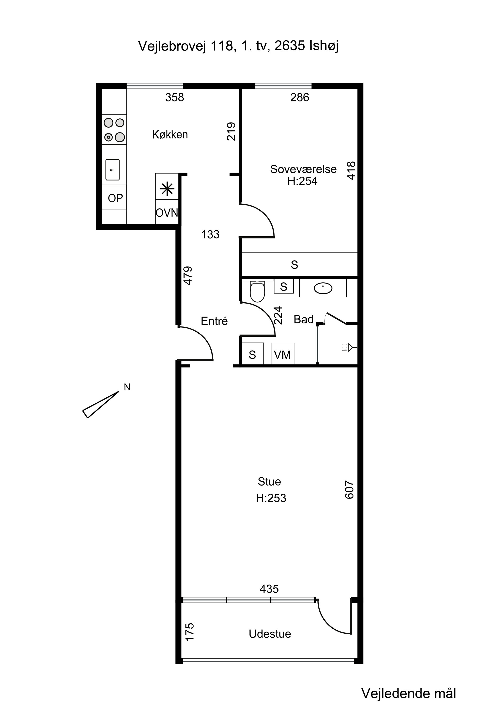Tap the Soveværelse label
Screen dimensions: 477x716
pyautogui.click(x=303, y=169)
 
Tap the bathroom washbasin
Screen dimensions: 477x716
pyautogui.click(x=323, y=288)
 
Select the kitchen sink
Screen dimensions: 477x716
pyautogui.click(x=112, y=169)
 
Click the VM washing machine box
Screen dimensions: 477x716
pyautogui.click(x=283, y=353)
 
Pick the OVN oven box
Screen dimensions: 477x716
pyautogui.click(x=167, y=212)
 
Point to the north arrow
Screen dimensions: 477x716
pyautogui.click(x=100, y=405)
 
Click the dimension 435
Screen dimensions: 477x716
pyautogui.click(x=269, y=589)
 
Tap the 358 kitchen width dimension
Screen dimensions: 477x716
pyautogui.click(x=175, y=97)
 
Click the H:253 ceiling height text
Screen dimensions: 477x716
pyautogui.click(x=271, y=498)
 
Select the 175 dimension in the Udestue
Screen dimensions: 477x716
pyautogui.click(x=189, y=632)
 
